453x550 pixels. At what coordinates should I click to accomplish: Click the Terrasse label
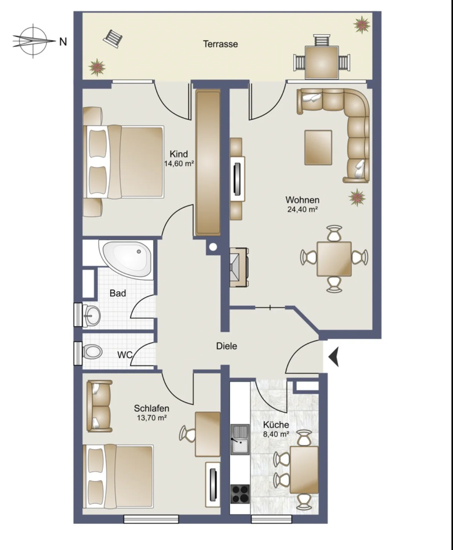(220, 44)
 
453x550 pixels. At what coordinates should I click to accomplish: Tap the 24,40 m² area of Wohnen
(303, 209)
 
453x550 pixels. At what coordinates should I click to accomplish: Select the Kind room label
(179, 154)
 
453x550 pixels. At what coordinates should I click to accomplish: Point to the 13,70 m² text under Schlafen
(152, 418)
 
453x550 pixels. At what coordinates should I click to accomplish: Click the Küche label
(276, 425)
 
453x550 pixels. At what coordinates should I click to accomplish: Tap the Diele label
(226, 346)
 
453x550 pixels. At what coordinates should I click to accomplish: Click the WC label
(124, 355)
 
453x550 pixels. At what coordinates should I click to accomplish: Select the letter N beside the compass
(63, 41)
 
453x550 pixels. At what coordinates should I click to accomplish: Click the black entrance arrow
(334, 357)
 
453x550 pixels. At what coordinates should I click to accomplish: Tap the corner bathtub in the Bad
(126, 258)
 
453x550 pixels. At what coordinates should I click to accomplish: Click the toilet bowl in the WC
(92, 352)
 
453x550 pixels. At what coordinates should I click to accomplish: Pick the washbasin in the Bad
(91, 315)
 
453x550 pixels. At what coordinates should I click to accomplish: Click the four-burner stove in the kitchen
(240, 494)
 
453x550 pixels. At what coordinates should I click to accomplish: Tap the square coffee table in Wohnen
(318, 147)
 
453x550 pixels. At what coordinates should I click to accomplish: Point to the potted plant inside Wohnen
(357, 197)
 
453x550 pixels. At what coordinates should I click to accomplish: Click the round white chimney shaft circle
(213, 247)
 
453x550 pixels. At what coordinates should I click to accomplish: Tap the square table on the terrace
(322, 62)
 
